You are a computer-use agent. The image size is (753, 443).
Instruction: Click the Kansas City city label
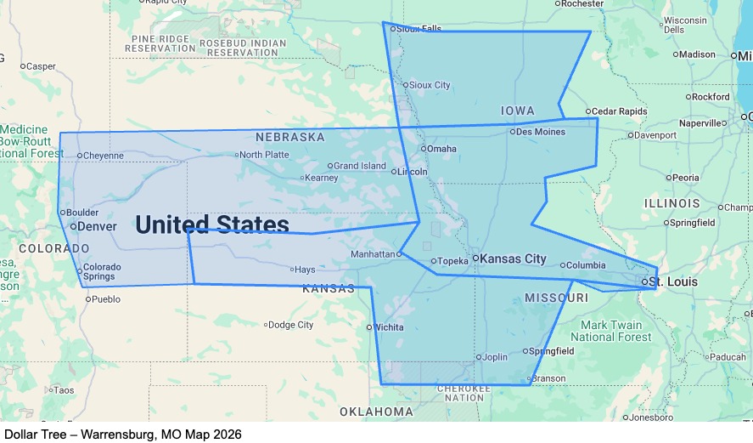pyautogui.click(x=514, y=258)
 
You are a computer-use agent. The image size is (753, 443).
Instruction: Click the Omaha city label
pyautogui.click(x=441, y=149)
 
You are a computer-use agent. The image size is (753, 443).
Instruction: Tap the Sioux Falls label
pyautogui.click(x=419, y=28)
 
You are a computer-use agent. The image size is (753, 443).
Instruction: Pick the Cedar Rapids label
pyautogui.click(x=619, y=111)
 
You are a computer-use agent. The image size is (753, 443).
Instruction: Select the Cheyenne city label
pyautogui.click(x=104, y=156)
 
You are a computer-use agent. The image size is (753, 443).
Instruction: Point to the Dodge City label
pyautogui.click(x=291, y=325)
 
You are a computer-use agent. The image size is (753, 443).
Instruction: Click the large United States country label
pyautogui.click(x=211, y=224)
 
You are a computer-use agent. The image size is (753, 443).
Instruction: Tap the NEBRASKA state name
pyautogui.click(x=290, y=137)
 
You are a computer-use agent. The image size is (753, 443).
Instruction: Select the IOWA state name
pyautogui.click(x=518, y=111)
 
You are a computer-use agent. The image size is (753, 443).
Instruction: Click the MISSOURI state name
pyautogui.click(x=556, y=298)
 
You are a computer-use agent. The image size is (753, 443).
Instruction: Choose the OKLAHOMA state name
pyautogui.click(x=376, y=412)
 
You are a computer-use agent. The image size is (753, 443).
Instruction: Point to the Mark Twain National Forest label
pyautogui.click(x=616, y=331)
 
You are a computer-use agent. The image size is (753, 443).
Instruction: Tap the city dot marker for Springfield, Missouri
pyautogui.click(x=525, y=351)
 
